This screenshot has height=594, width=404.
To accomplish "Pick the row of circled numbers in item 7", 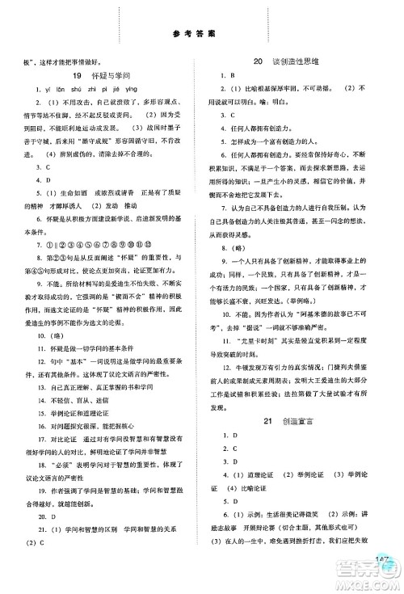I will pos(98,242).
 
